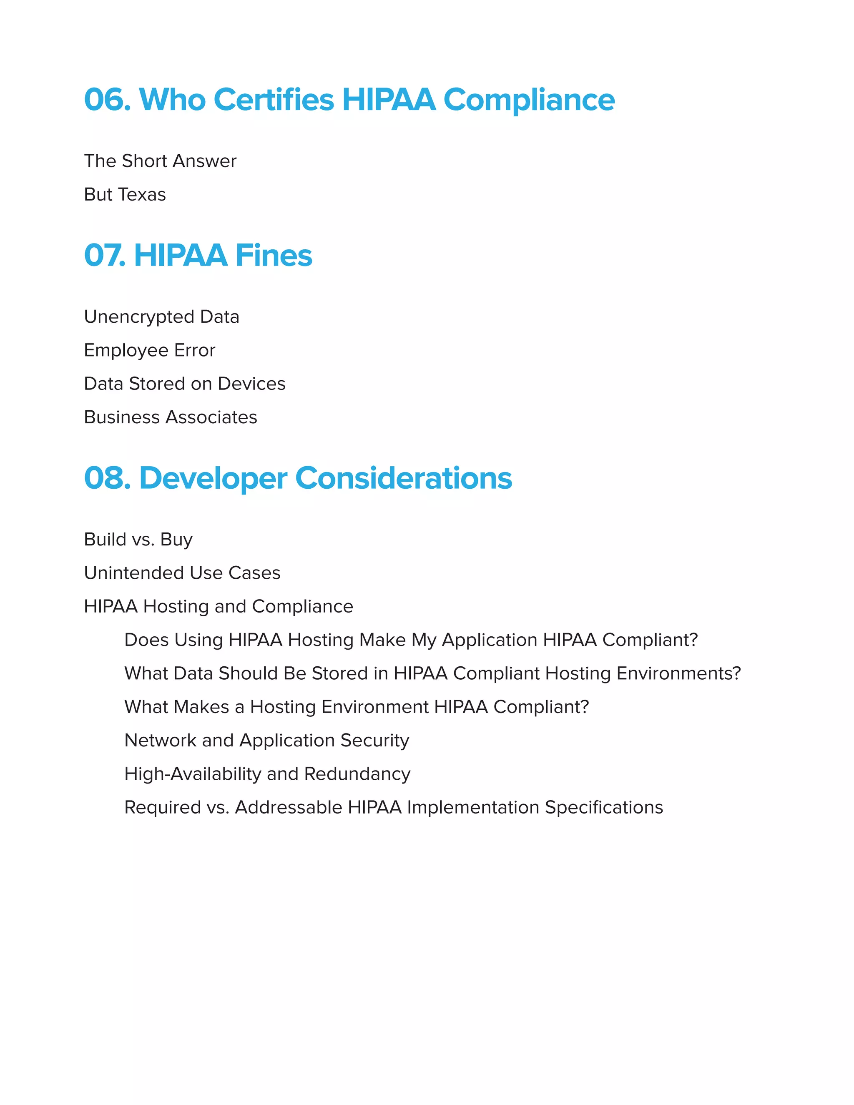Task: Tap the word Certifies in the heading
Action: (273, 100)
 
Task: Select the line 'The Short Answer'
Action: (160, 161)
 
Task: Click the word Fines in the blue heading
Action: (273, 256)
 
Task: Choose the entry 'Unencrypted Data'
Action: (161, 317)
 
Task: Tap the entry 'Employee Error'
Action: (149, 350)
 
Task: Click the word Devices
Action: (251, 384)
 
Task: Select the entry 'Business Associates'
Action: (171, 417)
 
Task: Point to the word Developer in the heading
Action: (213, 478)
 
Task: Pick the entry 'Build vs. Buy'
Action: (138, 539)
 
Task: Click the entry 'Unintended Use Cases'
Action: (182, 573)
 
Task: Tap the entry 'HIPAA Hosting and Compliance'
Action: (219, 606)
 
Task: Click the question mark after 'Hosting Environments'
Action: (737, 673)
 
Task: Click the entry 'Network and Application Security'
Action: (266, 740)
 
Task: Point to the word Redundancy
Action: (357, 774)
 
